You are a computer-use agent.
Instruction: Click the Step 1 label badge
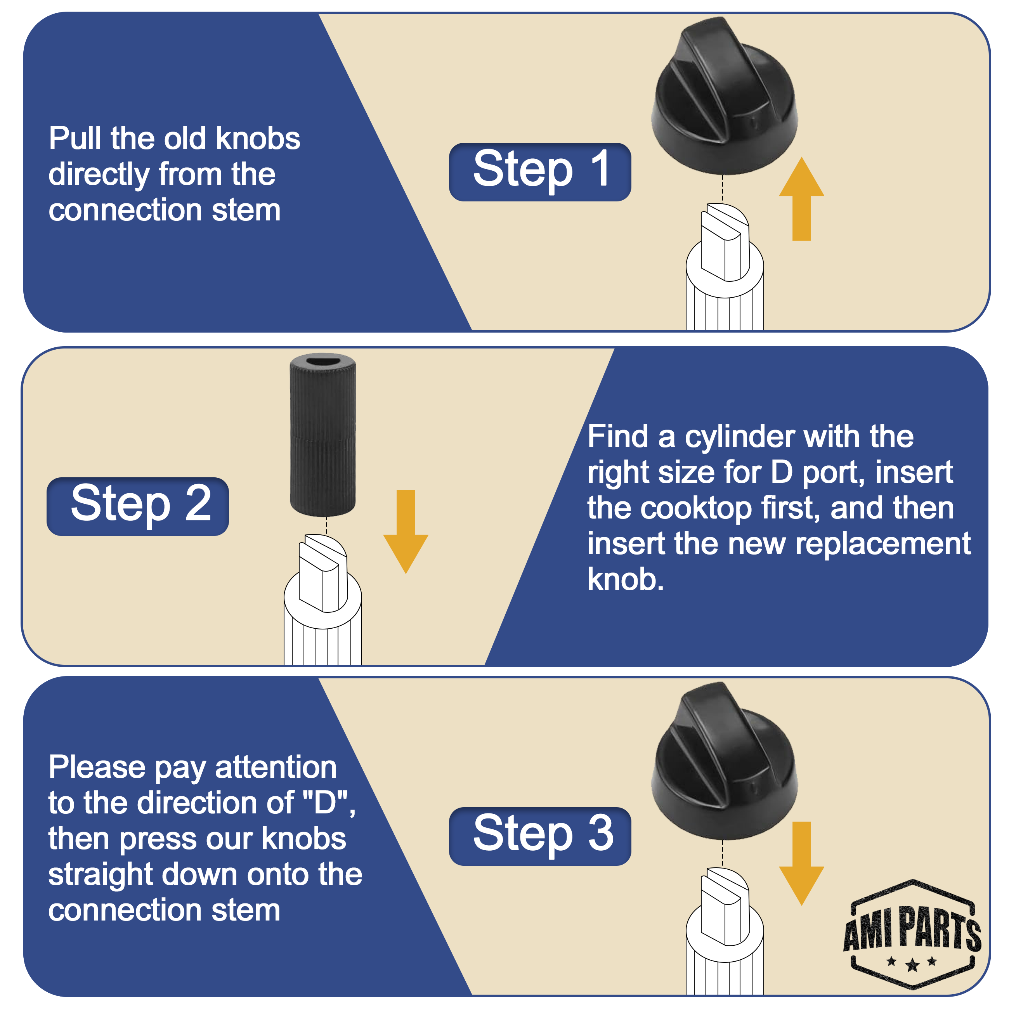pyautogui.click(x=540, y=172)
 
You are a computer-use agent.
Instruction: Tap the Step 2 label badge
pyautogui.click(x=138, y=506)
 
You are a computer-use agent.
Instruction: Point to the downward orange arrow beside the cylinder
pyautogui.click(x=406, y=532)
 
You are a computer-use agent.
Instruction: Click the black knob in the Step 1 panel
pyautogui.click(x=725, y=95)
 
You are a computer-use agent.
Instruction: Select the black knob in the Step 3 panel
pyautogui.click(x=725, y=760)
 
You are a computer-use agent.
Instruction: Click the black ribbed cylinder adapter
pyautogui.click(x=323, y=435)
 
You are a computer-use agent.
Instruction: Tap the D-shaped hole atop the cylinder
pyautogui.click(x=323, y=361)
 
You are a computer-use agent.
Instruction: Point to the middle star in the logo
pyautogui.click(x=912, y=965)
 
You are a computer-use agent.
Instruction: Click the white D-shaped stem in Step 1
pyautogui.click(x=725, y=242)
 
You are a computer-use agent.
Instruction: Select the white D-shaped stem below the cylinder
pyautogui.click(x=323, y=572)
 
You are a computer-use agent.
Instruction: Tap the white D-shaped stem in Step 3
pyautogui.click(x=725, y=907)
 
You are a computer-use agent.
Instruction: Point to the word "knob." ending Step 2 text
pyautogui.click(x=626, y=579)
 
